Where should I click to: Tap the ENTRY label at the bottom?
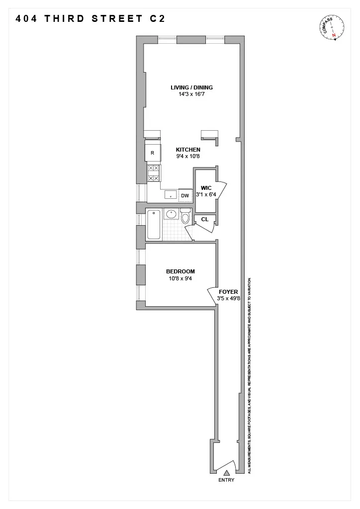(226, 480)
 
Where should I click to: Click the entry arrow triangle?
(226, 473)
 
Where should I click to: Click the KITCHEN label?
(188, 150)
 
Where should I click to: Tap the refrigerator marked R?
(152, 153)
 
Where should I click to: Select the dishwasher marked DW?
(185, 196)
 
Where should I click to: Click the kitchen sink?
(170, 195)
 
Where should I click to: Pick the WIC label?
(206, 188)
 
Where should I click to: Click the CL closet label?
(204, 219)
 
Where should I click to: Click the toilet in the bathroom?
(185, 216)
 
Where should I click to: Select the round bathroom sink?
(171, 215)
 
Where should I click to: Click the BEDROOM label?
(180, 271)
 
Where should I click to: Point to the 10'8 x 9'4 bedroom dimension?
(180, 278)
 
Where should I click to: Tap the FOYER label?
(228, 292)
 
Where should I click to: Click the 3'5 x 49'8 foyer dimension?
(228, 299)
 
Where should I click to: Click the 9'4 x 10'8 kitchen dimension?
(188, 157)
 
